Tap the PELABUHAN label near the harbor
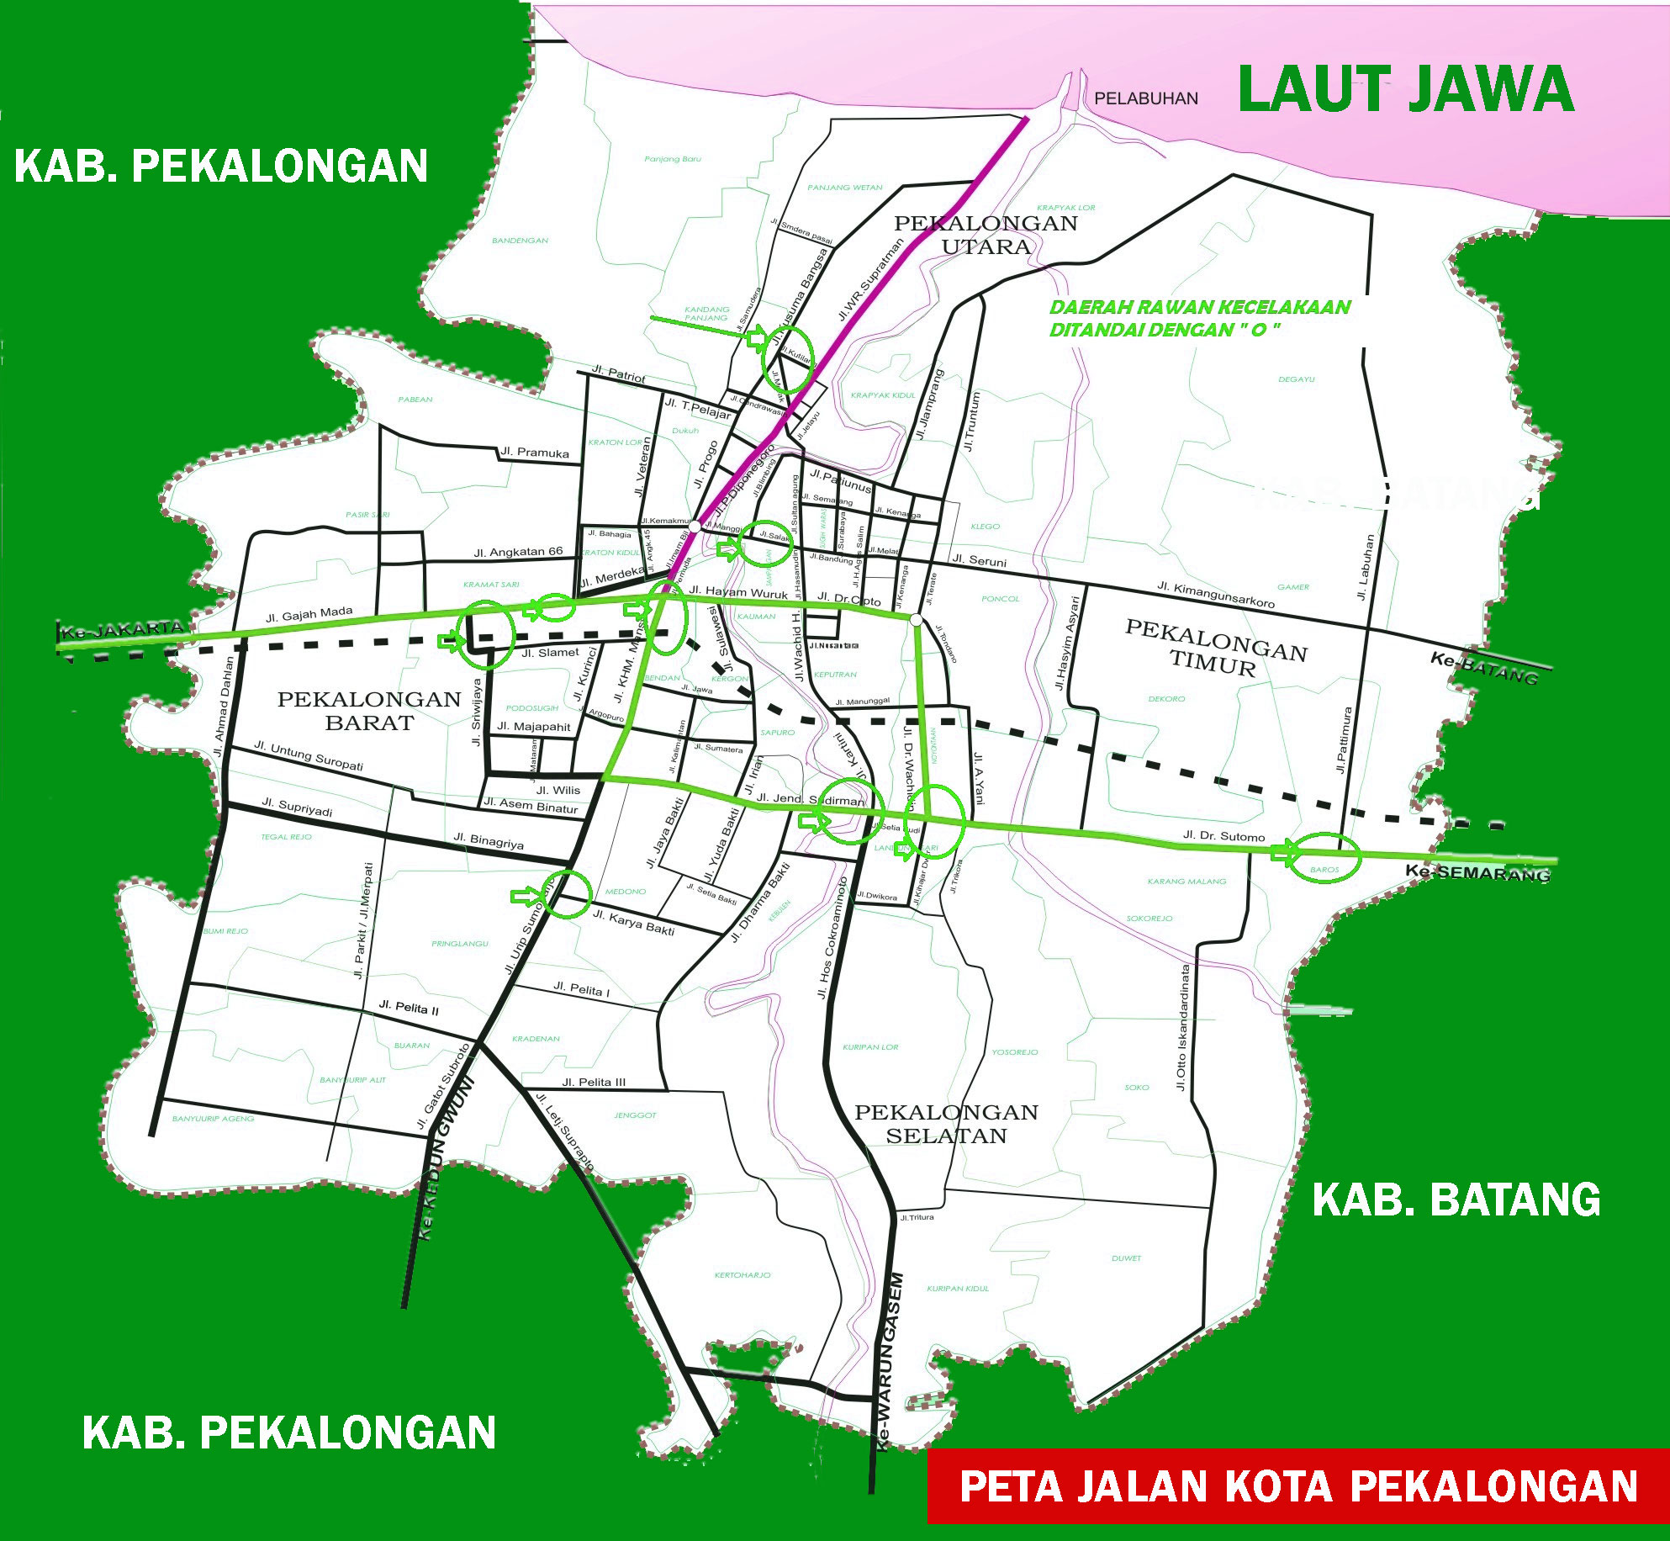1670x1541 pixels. click(1145, 98)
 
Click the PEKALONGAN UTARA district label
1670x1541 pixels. click(986, 235)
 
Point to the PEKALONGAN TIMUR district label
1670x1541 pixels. click(1215, 648)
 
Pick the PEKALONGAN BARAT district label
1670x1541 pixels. click(369, 711)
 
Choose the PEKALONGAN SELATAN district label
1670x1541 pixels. click(946, 1124)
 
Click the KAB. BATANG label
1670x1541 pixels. click(1456, 1199)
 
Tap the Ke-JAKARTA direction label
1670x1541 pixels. click(123, 629)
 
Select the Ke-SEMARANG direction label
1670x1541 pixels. click(1478, 872)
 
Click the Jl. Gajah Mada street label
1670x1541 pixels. click(309, 615)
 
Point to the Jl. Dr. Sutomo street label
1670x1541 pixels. click(1223, 835)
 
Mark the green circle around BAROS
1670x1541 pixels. click(1324, 857)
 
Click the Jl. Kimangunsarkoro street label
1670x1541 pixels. click(1215, 594)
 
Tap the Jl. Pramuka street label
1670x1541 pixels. click(534, 453)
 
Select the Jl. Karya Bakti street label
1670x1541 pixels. click(634, 922)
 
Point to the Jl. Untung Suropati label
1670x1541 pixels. click(309, 755)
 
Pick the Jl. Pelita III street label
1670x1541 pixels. click(594, 1082)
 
